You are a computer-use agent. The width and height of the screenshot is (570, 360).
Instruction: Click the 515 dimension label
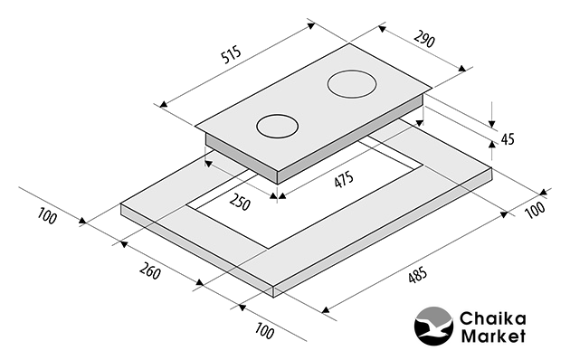(x=231, y=54)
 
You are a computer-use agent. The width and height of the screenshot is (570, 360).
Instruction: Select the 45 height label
(x=508, y=138)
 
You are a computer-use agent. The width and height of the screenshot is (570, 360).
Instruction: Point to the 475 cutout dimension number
(x=344, y=179)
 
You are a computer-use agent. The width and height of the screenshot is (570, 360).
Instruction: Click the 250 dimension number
(x=240, y=202)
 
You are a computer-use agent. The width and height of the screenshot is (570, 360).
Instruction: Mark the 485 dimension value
(x=417, y=275)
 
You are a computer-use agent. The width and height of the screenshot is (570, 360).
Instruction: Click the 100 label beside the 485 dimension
(x=536, y=210)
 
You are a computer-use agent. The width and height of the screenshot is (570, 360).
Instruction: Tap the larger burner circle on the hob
(x=352, y=84)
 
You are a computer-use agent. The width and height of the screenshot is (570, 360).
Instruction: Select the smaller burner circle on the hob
(x=278, y=127)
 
